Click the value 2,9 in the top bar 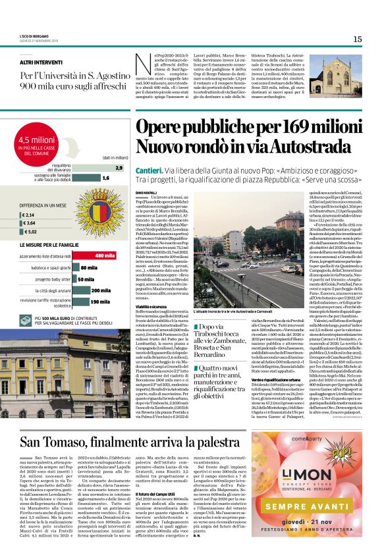[119, 168]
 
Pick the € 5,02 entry [30, 232]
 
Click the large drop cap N [140, 63]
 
